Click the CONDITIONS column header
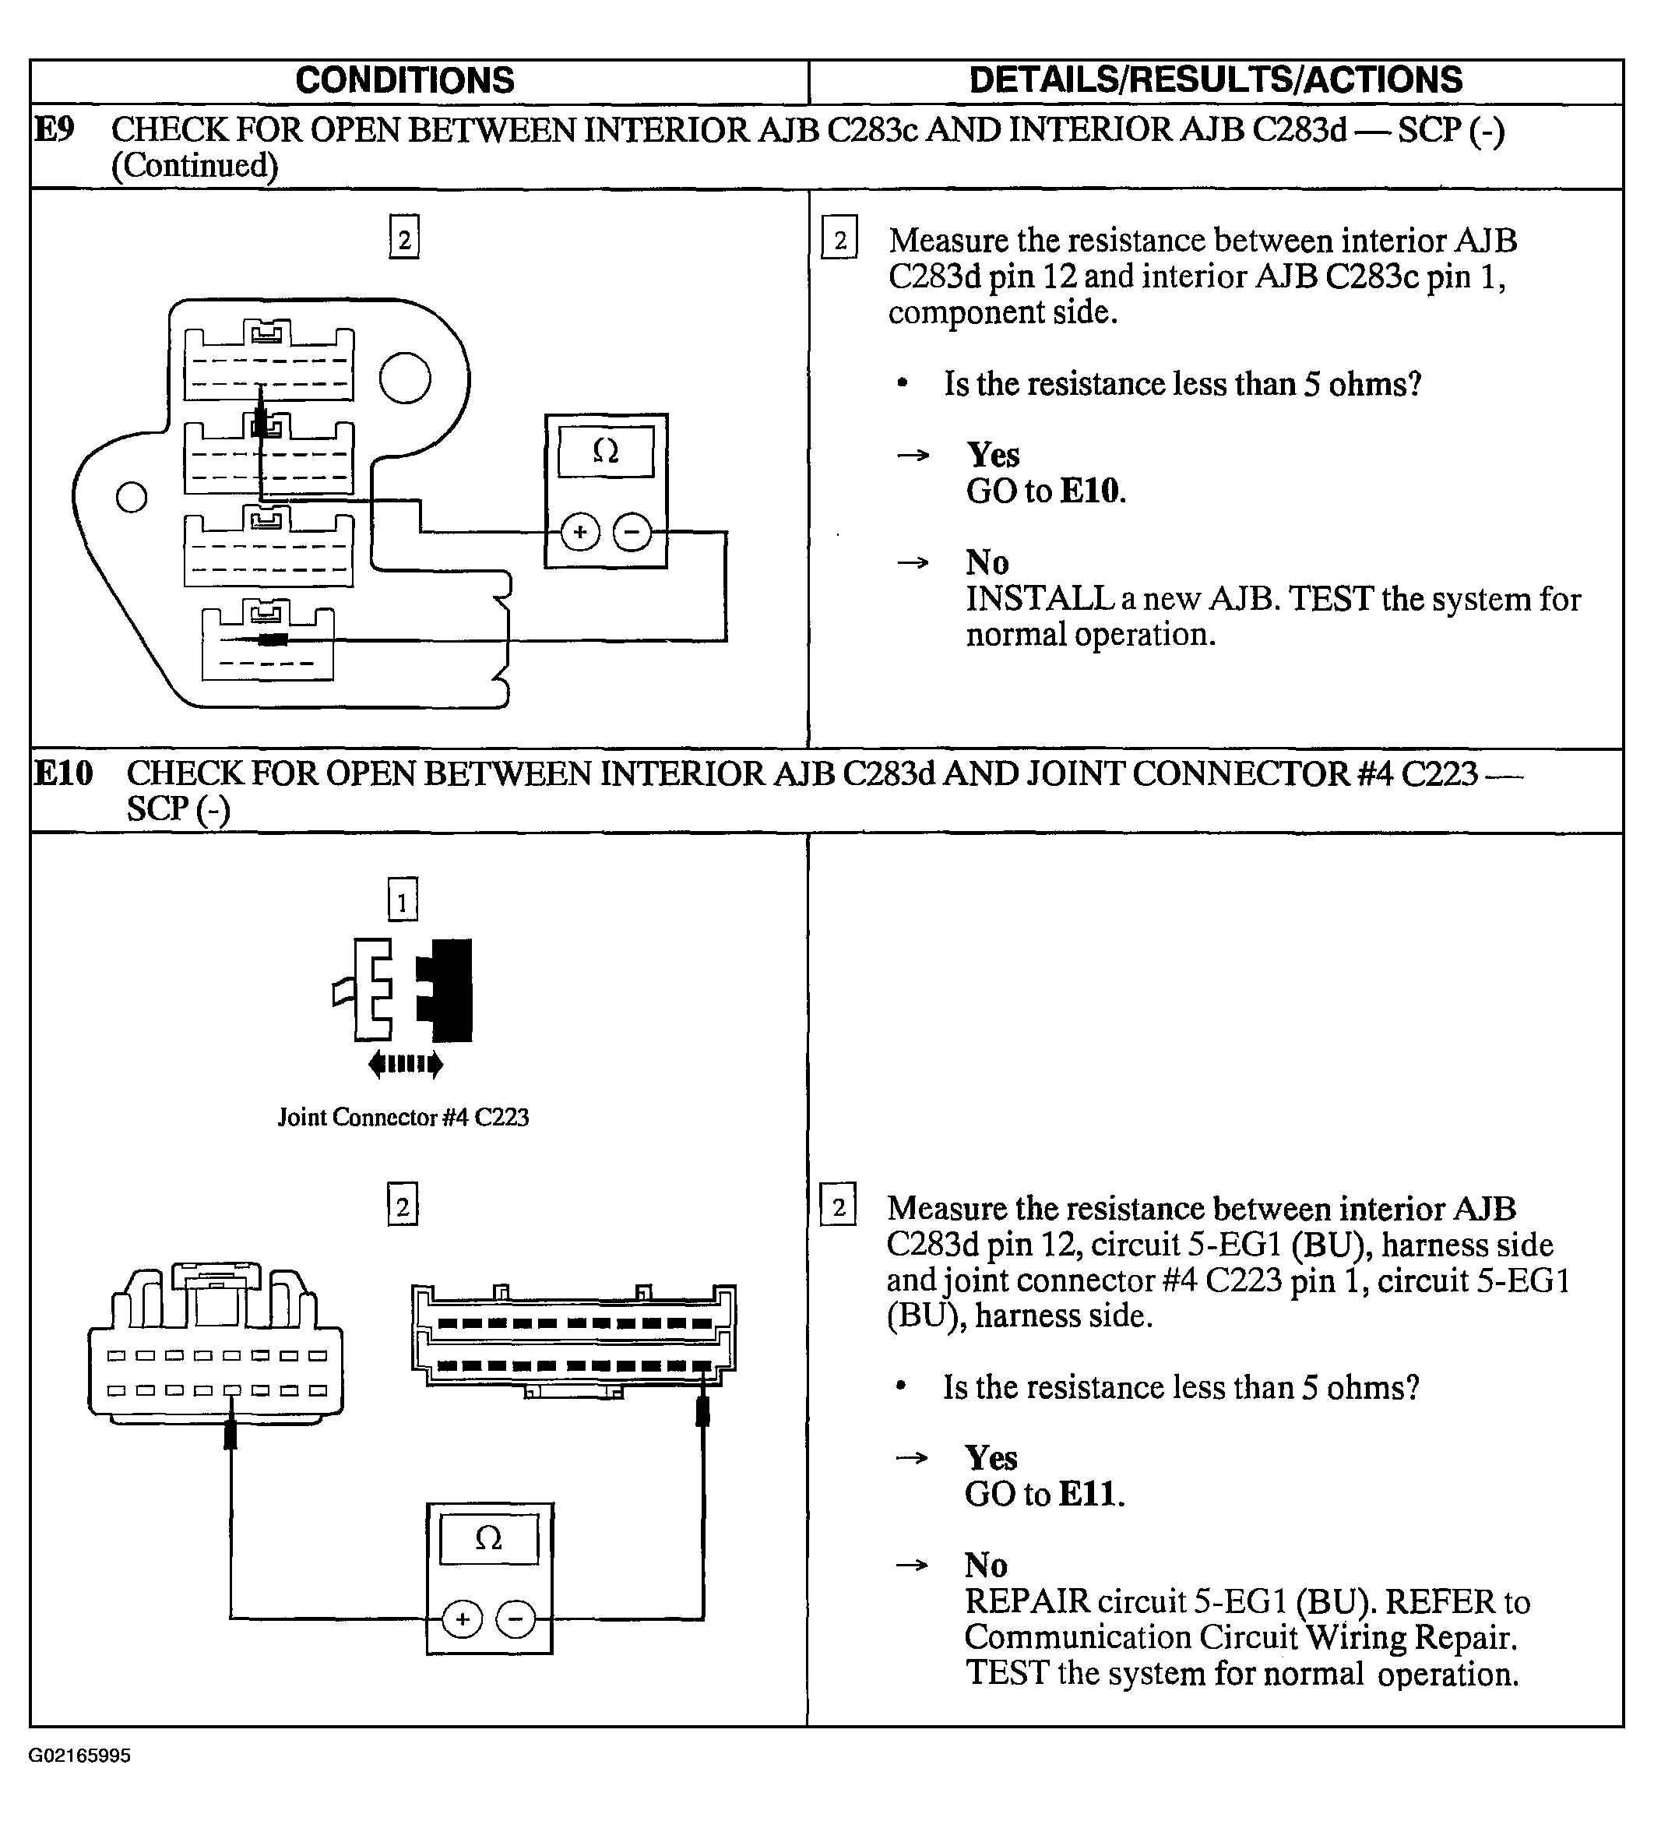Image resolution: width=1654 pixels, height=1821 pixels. pyautogui.click(x=405, y=80)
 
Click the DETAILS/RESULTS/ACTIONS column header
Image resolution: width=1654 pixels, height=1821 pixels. pyautogui.click(x=1215, y=80)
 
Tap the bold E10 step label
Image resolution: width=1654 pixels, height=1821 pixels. pyautogui.click(x=62, y=773)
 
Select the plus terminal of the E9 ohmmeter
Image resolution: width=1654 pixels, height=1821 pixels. pyautogui.click(x=580, y=532)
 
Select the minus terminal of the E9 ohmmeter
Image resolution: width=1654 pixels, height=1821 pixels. pyautogui.click(x=632, y=532)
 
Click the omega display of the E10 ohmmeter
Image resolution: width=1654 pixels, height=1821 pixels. pyautogui.click(x=489, y=1537)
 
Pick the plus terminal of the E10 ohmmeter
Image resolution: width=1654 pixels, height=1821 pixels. pyautogui.click(x=463, y=1619)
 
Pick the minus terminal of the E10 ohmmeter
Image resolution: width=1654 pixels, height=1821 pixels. pyautogui.click(x=516, y=1619)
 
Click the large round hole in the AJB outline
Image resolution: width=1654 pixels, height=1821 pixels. pyautogui.click(x=405, y=379)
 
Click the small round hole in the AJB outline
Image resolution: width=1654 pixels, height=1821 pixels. pyautogui.click(x=132, y=497)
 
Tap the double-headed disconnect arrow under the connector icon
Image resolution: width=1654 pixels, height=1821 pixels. pyautogui.click(x=406, y=1064)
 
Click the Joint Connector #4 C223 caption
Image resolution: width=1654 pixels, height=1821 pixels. pyautogui.click(x=403, y=1118)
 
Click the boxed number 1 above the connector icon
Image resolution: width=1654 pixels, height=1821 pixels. pyautogui.click(x=403, y=900)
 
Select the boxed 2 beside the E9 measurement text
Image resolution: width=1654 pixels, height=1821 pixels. pyautogui.click(x=839, y=239)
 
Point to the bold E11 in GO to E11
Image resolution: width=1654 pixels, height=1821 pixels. pyautogui.click(x=1090, y=1495)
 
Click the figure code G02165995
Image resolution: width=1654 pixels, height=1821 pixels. pyautogui.click(x=79, y=1755)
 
